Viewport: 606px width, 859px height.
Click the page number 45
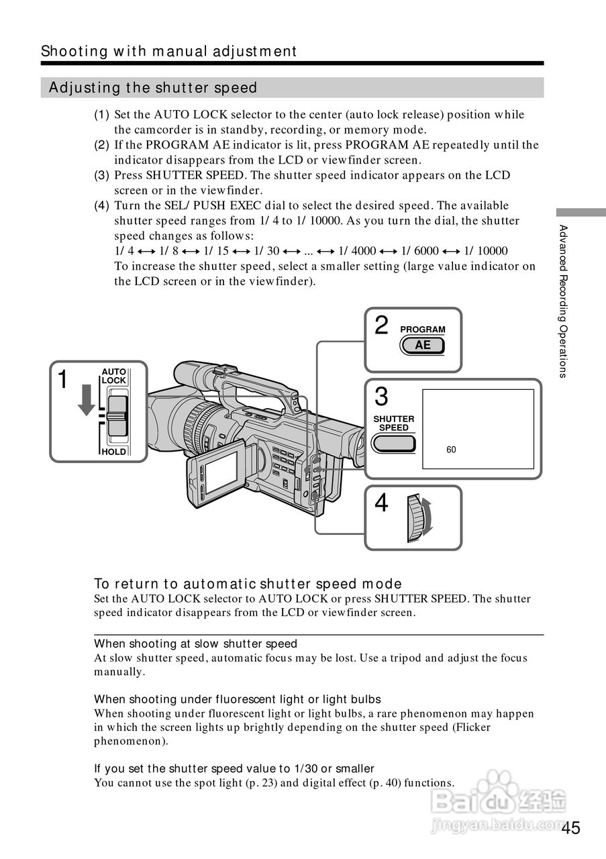click(571, 827)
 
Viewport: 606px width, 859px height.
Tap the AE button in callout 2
click(423, 346)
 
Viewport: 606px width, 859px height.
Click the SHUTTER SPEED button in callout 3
click(394, 443)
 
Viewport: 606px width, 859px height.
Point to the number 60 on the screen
click(451, 450)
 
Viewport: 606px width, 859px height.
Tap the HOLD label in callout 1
click(113, 452)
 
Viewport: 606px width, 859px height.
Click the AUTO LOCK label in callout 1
click(113, 376)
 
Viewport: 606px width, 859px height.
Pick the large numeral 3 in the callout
click(381, 397)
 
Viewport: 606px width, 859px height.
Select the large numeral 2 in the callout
click(381, 325)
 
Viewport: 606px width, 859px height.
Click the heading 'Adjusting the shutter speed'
click(154, 88)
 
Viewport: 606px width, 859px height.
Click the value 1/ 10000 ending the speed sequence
click(486, 251)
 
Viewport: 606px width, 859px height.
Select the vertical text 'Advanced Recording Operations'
click(564, 301)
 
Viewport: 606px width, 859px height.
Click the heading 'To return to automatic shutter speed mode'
click(248, 584)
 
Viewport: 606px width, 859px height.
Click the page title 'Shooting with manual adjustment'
click(168, 51)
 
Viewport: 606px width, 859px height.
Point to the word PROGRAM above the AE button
click(423, 330)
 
